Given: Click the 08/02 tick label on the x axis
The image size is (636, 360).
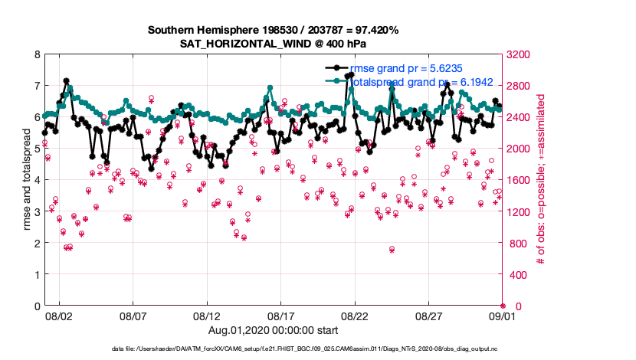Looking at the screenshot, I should [x=59, y=316].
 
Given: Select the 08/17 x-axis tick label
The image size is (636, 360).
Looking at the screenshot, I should [x=281, y=316].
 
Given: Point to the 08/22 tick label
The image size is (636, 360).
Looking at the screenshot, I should [x=355, y=316].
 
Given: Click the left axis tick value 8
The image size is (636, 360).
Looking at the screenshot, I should [x=37, y=54].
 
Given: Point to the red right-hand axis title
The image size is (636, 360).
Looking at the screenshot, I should [x=541, y=180].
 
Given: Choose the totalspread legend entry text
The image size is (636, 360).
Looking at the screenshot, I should [x=421, y=80].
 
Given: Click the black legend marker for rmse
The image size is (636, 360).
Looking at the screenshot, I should [x=336, y=67].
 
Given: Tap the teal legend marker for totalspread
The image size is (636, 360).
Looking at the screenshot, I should [x=336, y=80].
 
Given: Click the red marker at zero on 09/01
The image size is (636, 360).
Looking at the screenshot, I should [x=503, y=306].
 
